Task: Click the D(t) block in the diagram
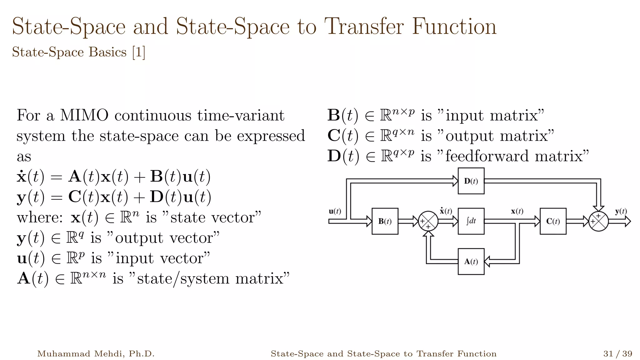tap(471, 181)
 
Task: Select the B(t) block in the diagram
tap(385, 221)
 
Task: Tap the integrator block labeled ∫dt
tap(471, 221)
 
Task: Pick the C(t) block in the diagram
tap(553, 221)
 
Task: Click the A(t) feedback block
tap(471, 262)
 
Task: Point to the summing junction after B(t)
tap(428, 221)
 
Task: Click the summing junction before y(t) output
tap(598, 221)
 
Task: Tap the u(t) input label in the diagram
tap(335, 211)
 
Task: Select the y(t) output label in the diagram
tap(621, 211)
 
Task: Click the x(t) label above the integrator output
tap(517, 211)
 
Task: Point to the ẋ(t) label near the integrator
tap(446, 211)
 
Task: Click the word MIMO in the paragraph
tap(84, 115)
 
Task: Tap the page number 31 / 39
tap(617, 354)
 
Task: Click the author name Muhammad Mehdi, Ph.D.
tap(96, 354)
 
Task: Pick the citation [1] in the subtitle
tap(138, 52)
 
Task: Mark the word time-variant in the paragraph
tap(241, 115)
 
